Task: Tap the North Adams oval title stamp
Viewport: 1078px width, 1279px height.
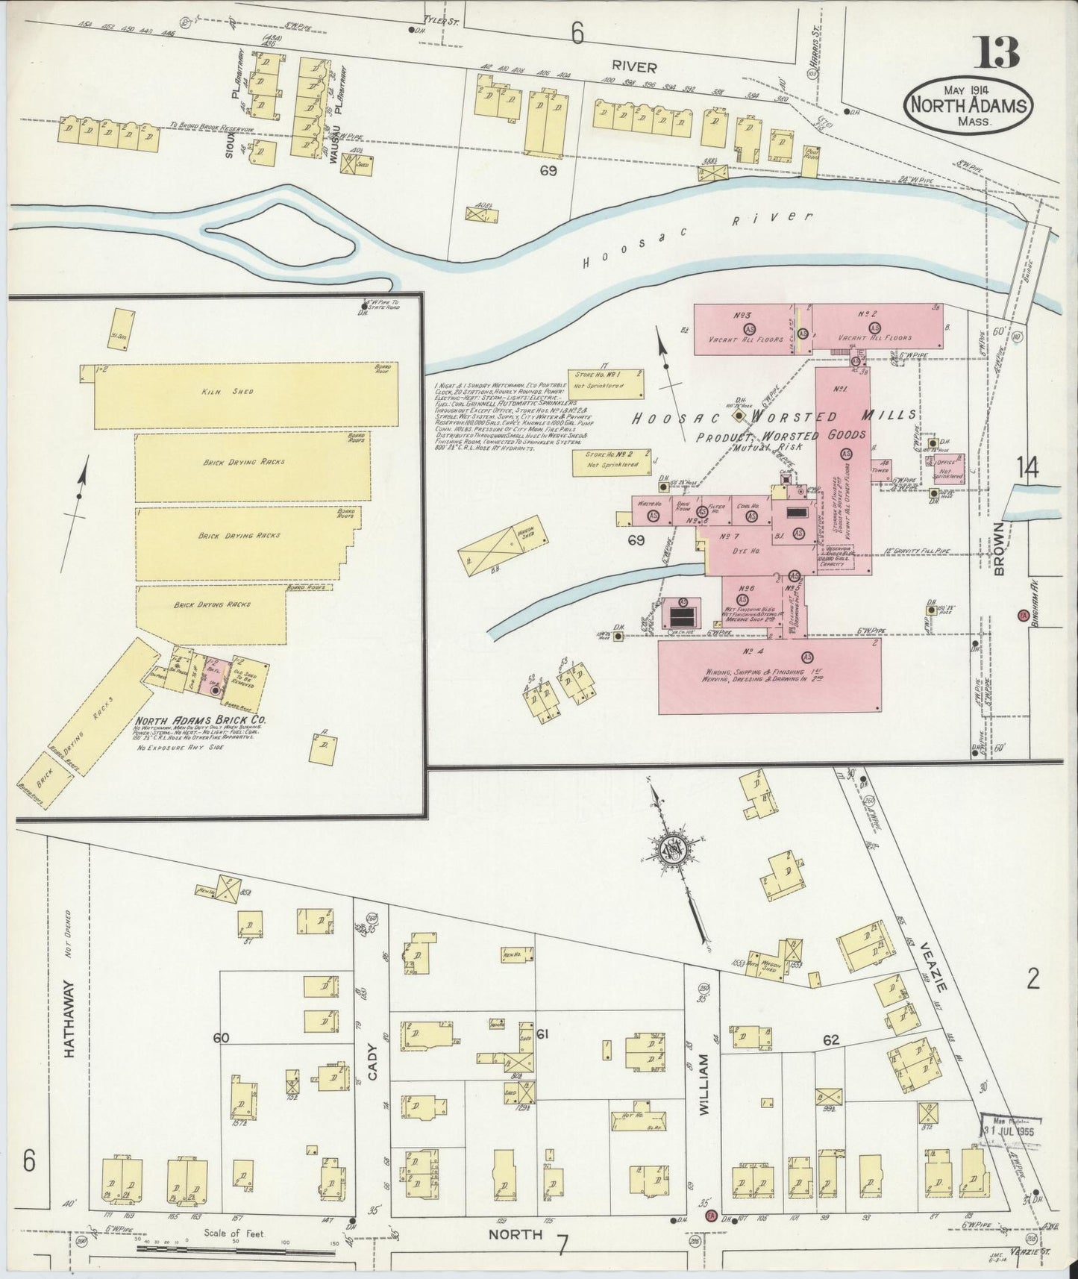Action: click(969, 106)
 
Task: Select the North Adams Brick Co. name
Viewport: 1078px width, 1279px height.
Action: click(201, 721)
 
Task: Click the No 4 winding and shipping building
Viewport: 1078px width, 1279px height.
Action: click(768, 675)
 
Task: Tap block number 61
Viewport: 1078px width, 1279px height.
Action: click(542, 1033)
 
